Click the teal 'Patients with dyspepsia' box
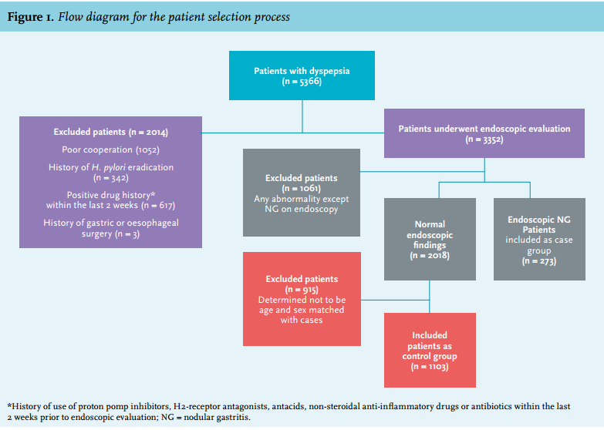coord(302,76)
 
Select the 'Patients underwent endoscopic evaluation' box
coord(484,133)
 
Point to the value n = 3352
coord(484,139)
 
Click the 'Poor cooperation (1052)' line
coord(110,149)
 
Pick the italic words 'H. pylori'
coord(108,167)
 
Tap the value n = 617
coord(158,205)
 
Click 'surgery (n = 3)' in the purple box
coord(110,233)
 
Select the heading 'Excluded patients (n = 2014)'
coord(110,132)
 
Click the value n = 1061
coord(302,188)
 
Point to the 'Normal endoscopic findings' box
coord(430,239)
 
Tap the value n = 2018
coord(430,255)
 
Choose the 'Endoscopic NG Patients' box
coord(539,239)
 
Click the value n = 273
coord(539,261)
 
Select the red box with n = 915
coord(302,299)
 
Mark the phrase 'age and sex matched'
coord(302,310)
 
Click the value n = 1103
coord(430,367)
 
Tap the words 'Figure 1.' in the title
coord(31,17)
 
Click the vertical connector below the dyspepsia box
coord(302,116)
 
